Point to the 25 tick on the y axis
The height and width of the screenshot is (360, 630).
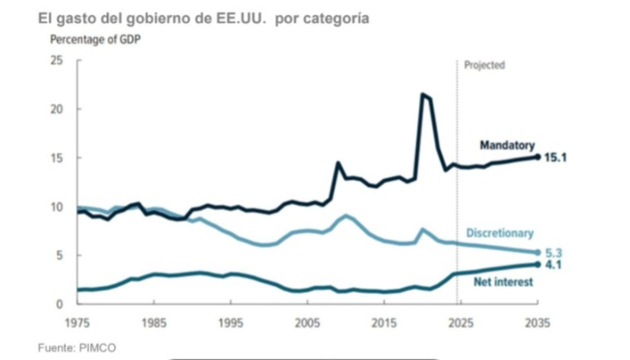coord(57,60)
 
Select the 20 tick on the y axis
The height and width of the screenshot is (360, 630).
coord(57,110)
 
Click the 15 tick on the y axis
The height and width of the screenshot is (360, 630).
coord(57,158)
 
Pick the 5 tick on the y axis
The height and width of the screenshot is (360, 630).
coord(60,256)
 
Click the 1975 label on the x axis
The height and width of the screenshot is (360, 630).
coord(78,321)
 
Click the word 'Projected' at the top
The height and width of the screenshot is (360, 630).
coord(484,66)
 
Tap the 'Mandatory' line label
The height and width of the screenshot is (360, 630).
coord(507,144)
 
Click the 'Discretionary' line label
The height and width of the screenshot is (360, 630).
coord(500,233)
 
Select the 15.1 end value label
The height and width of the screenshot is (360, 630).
coord(558,158)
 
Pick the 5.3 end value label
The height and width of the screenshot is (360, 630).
coord(554,253)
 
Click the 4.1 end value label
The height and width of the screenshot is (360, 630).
coord(554,265)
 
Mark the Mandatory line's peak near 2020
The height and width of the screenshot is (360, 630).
coord(423,94)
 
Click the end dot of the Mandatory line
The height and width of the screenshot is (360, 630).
coord(538,157)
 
